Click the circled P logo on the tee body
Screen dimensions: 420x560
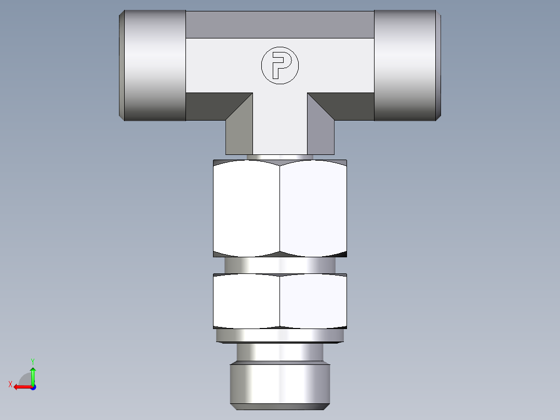[x=280, y=65]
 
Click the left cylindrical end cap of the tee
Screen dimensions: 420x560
[x=154, y=65]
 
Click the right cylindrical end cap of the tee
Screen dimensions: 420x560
[x=406, y=65]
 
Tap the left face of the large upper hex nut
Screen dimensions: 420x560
[x=247, y=208]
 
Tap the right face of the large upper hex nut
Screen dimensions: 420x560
[x=313, y=208]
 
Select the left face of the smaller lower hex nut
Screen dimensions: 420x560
[x=247, y=301]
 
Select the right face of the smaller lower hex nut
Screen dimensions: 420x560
[x=313, y=301]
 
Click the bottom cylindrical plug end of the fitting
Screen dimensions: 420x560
[x=280, y=385]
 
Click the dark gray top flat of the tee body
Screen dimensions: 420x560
[x=280, y=24]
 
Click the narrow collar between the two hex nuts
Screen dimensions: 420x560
[x=280, y=266]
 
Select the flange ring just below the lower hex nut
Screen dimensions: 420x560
[x=280, y=336]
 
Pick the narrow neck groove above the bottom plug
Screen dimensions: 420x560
[x=280, y=352]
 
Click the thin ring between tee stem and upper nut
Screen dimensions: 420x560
[x=280, y=157]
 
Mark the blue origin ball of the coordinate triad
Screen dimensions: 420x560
[x=33, y=387]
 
